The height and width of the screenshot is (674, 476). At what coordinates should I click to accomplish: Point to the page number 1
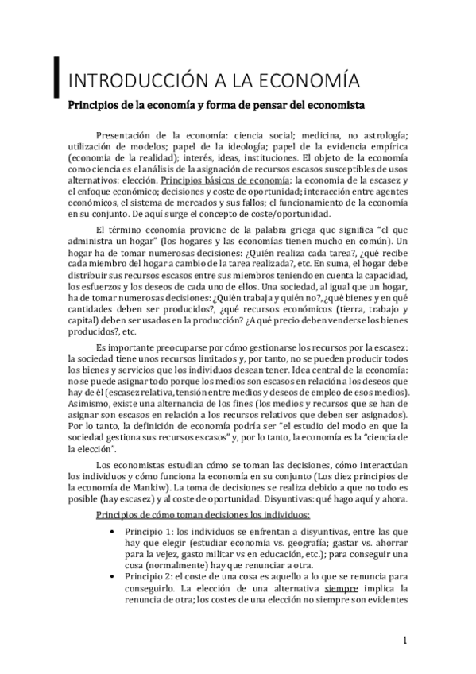404,640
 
